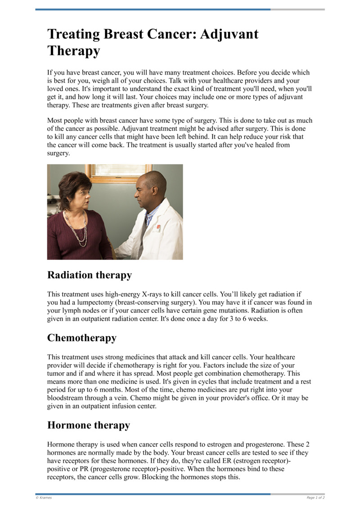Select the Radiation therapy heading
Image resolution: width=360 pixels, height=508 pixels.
(x=89, y=275)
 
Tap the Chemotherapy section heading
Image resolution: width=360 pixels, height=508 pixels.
(x=82, y=338)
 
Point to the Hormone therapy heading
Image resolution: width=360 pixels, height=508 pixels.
(x=89, y=425)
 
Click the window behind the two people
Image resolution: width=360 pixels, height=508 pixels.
(x=111, y=173)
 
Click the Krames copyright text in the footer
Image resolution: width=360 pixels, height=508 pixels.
(x=44, y=497)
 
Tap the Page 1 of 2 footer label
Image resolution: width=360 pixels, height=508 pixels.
(x=315, y=497)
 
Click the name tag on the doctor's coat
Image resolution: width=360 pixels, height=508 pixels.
(x=156, y=229)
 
